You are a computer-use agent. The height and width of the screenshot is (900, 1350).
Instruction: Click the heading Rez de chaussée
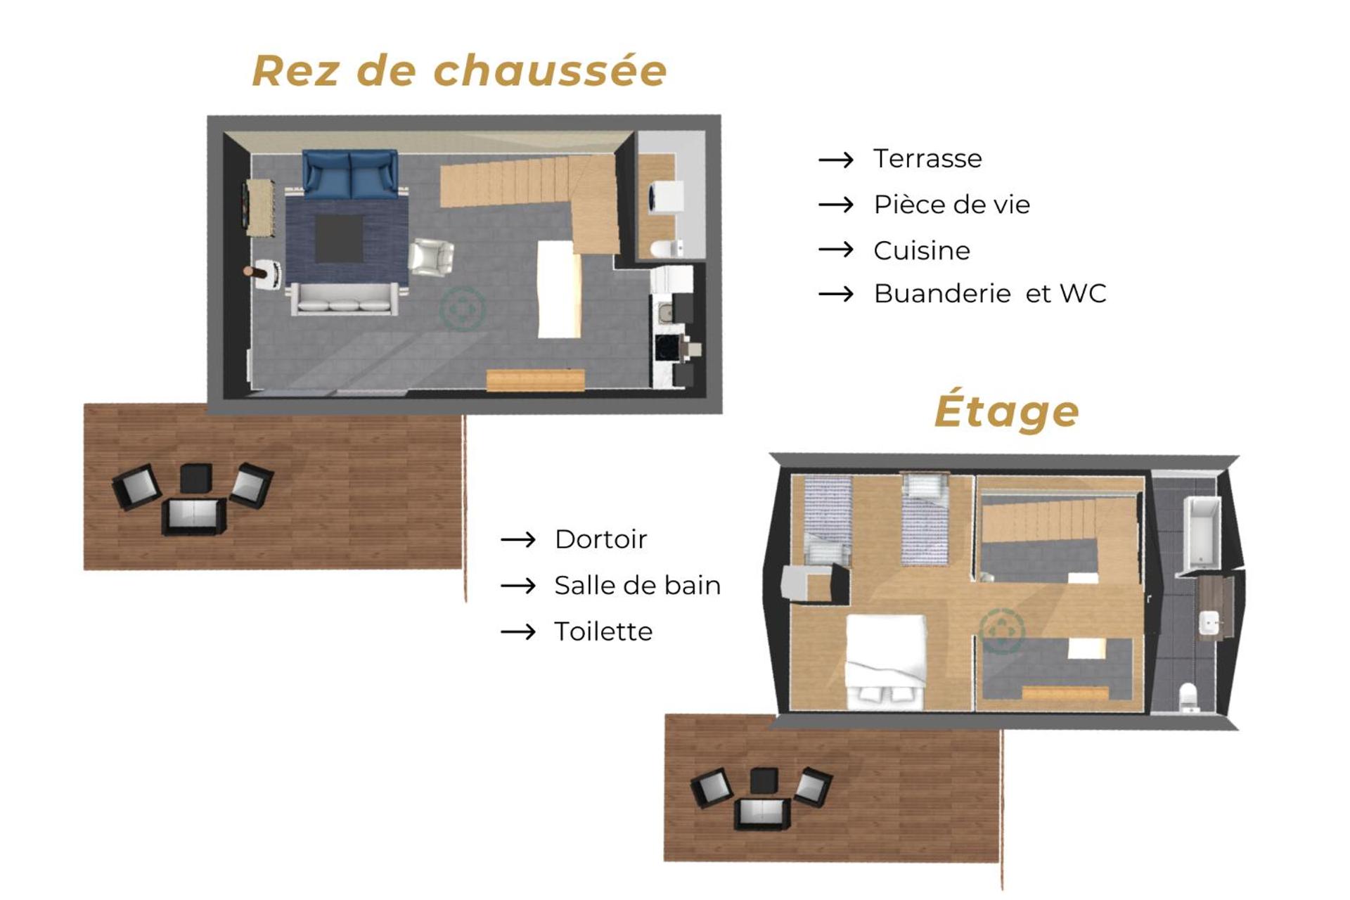[x=459, y=71]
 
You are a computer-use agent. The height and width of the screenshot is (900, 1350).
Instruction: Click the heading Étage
[x=1006, y=411]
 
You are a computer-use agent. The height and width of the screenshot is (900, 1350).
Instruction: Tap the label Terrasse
[x=927, y=159]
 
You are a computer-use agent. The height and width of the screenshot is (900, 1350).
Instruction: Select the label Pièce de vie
[x=951, y=205]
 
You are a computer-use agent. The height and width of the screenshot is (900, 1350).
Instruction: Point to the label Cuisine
[x=921, y=250]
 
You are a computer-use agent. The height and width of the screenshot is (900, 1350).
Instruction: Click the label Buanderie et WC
[x=989, y=294]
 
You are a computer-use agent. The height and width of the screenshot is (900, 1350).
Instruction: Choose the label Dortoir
[x=600, y=539]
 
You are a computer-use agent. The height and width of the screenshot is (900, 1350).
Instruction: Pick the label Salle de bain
[x=637, y=586]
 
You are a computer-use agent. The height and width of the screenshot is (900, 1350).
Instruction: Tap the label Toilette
[x=603, y=631]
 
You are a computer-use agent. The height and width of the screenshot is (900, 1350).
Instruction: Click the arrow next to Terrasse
[x=836, y=160]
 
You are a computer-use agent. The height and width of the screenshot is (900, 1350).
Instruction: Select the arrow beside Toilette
[x=518, y=632]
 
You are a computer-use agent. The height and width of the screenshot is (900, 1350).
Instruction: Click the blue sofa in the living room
[x=350, y=173]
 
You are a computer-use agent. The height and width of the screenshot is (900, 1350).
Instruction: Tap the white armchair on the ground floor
[x=431, y=257]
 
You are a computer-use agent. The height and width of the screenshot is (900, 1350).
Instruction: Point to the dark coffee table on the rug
[x=339, y=238]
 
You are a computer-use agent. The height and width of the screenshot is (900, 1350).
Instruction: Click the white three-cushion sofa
[x=345, y=298]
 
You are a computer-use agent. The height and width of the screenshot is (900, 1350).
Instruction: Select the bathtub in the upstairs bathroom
[x=1202, y=532]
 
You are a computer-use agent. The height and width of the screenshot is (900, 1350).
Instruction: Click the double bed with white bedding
[x=885, y=661]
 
